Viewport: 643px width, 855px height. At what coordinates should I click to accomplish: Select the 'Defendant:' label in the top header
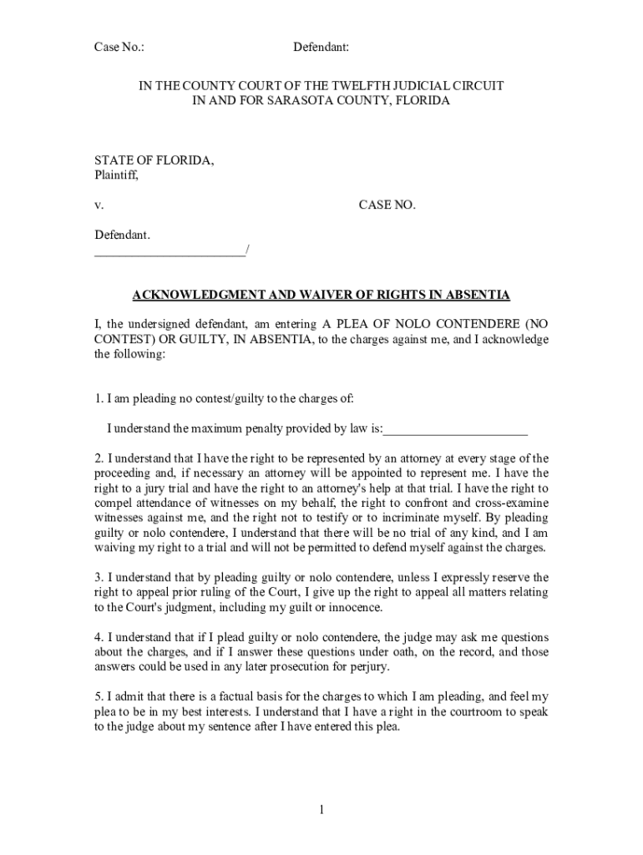click(x=321, y=48)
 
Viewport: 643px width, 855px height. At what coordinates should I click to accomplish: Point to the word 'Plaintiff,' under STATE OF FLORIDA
click(x=116, y=175)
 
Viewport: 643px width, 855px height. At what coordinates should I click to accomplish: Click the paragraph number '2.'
click(x=99, y=458)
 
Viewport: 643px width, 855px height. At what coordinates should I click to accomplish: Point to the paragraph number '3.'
click(x=99, y=578)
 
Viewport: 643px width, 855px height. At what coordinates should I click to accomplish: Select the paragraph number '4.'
click(x=99, y=637)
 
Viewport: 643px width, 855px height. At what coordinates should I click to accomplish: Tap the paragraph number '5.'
click(x=99, y=696)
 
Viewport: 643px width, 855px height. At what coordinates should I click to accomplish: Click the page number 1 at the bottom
click(x=321, y=810)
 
